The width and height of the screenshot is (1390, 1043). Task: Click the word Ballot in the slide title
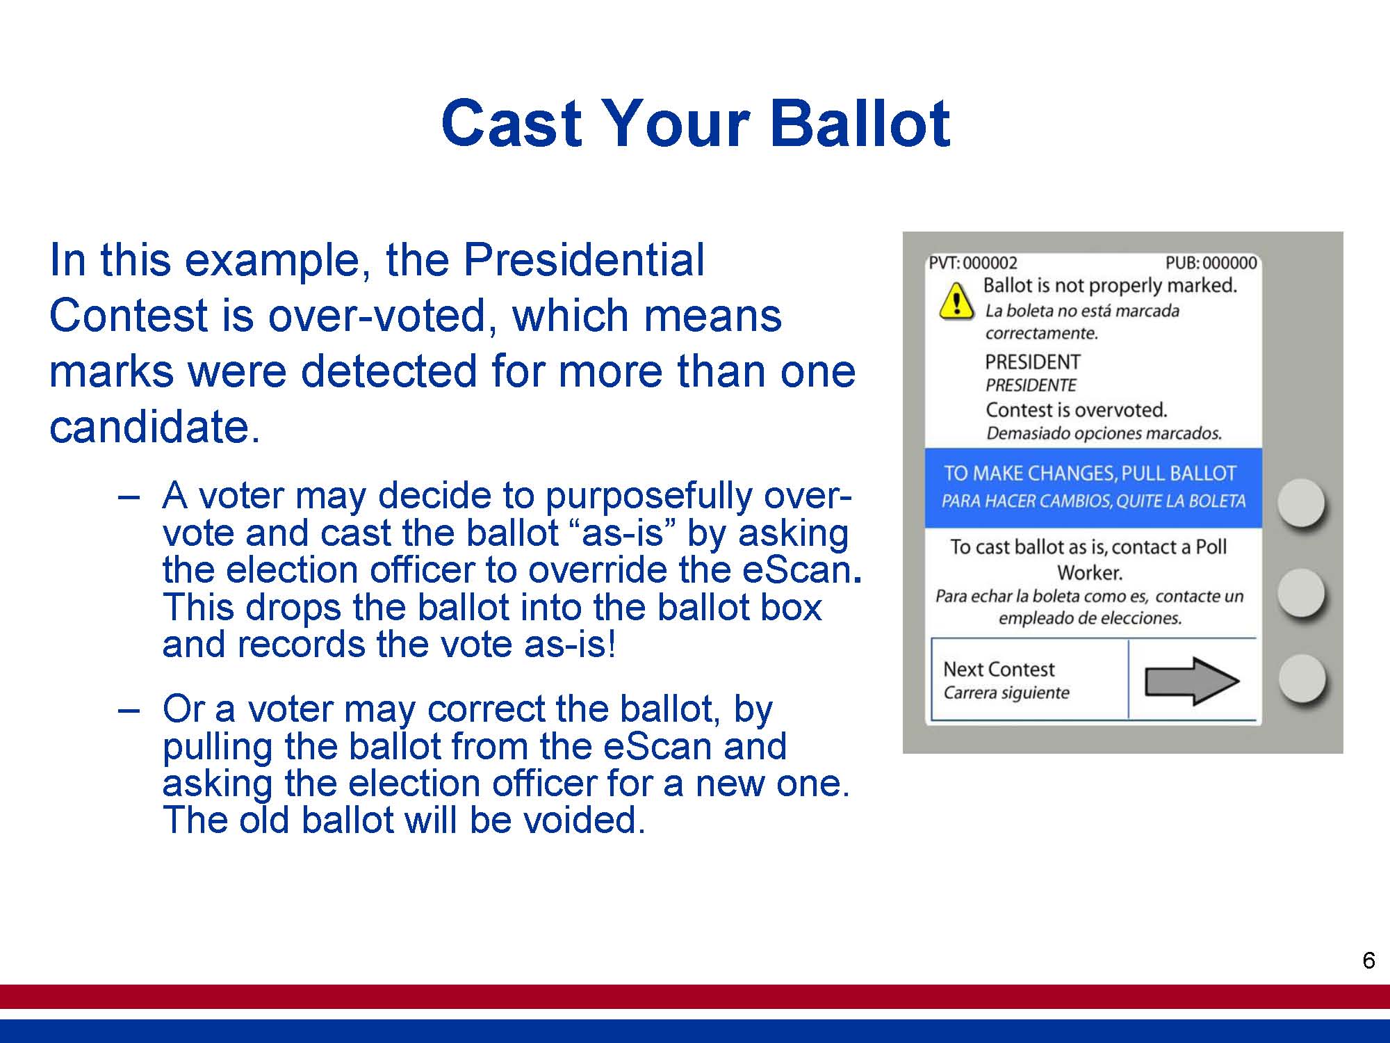pyautogui.click(x=860, y=122)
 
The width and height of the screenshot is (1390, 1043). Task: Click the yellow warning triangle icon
pyautogui.click(x=956, y=301)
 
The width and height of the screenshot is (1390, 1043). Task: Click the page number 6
pyautogui.click(x=1368, y=960)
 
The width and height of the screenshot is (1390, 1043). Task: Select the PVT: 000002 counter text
pyautogui.click(x=973, y=263)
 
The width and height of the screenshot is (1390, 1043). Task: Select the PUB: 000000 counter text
pyautogui.click(x=1211, y=263)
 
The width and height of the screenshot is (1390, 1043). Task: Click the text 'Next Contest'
pyautogui.click(x=999, y=669)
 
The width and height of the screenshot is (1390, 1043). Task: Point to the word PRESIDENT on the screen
pyautogui.click(x=1033, y=362)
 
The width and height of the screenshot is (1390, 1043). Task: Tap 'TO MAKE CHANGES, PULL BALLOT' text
pyautogui.click(x=1090, y=474)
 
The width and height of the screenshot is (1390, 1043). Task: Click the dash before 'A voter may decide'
pyautogui.click(x=129, y=497)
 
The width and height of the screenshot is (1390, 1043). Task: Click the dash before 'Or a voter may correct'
pyautogui.click(x=129, y=711)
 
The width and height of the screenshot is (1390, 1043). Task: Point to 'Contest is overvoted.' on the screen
pyautogui.click(x=1077, y=410)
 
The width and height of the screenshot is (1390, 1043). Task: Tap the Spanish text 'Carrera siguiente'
pyautogui.click(x=1006, y=693)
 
